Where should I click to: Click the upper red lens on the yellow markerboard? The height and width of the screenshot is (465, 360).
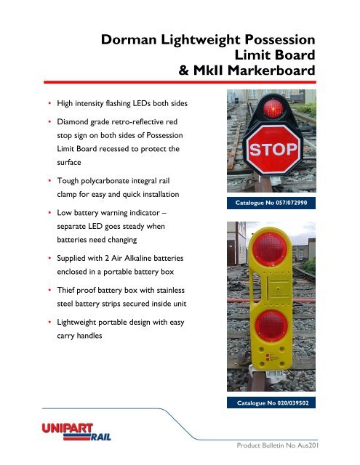point(271,258)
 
